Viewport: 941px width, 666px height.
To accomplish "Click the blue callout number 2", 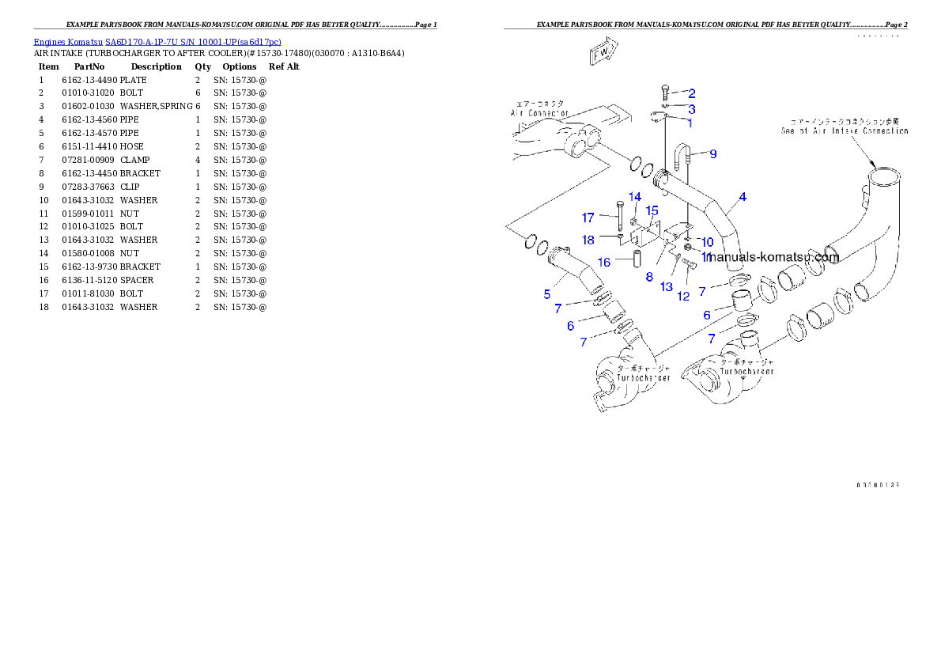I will pos(691,93).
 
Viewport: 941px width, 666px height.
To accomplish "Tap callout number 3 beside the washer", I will pos(691,109).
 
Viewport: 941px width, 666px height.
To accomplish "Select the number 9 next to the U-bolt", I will pos(712,154).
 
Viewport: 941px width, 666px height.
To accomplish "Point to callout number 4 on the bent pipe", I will pos(743,197).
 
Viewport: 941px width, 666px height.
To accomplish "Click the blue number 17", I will pos(588,218).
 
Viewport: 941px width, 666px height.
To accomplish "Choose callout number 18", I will pos(588,240).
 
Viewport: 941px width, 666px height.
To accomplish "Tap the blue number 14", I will pos(635,196).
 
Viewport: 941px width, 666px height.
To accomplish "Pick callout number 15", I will pos(652,210).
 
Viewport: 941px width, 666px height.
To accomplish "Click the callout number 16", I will pos(603,262).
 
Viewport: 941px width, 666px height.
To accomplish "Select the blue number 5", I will pos(547,294).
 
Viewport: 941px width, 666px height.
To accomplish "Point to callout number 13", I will pos(667,286).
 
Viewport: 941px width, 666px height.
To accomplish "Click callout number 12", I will pos(683,296).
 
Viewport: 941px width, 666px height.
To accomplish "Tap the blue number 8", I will pos(649,277).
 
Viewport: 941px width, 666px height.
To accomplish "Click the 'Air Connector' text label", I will pos(539,108).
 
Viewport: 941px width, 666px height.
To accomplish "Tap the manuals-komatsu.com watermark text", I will pos(773,257).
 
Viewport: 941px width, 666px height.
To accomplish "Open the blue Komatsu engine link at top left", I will pos(157,41).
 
